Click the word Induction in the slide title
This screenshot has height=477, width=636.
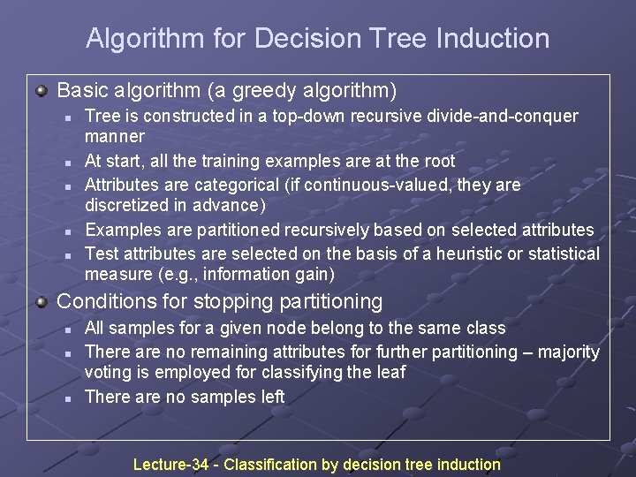coord(500,39)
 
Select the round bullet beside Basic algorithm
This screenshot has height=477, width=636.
coord(42,90)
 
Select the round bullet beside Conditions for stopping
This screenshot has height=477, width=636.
coord(42,301)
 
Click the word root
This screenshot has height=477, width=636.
coord(439,162)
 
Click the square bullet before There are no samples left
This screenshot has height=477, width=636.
coord(66,397)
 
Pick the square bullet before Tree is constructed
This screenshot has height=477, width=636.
coord(66,117)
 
